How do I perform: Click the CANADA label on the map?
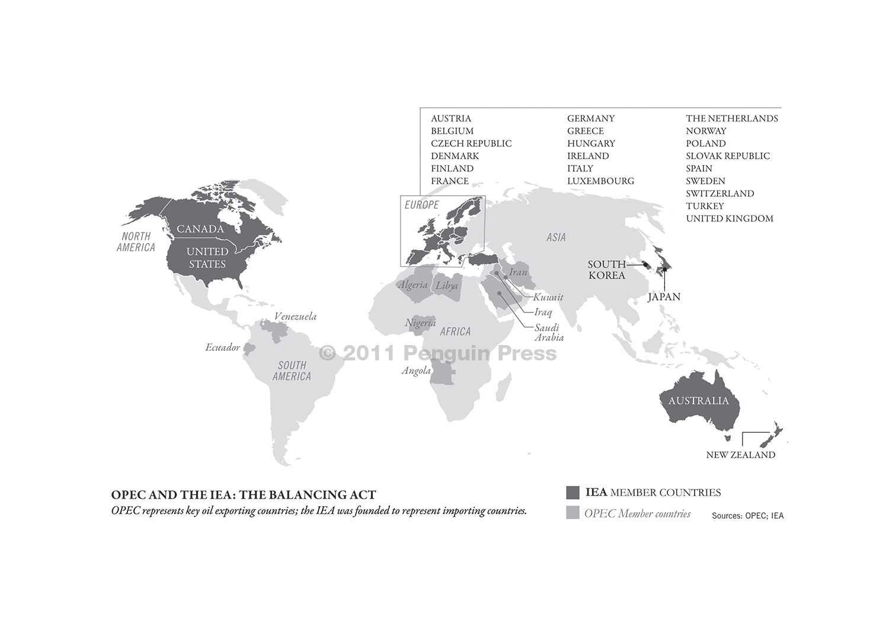200,229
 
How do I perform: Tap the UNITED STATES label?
207,258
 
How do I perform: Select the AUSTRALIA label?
698,401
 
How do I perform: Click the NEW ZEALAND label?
740,455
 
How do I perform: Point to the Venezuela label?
295,317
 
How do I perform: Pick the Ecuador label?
222,347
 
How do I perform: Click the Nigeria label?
420,323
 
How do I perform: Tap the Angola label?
416,371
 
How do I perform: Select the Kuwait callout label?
548,297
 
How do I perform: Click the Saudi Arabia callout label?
549,333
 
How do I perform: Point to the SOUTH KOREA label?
606,270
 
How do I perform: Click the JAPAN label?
664,297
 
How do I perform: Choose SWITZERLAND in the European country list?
720,193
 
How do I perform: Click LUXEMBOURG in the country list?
600,181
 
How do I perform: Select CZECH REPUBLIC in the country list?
471,143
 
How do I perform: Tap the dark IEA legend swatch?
573,493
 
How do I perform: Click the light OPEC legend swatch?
573,513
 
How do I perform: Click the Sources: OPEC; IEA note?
747,516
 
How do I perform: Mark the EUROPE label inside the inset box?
421,205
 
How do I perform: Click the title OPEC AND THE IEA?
244,495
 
